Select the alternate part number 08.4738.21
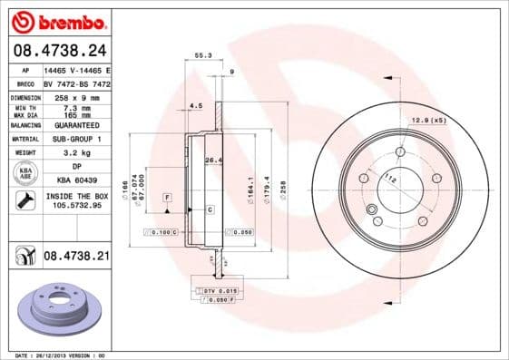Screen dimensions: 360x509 76,258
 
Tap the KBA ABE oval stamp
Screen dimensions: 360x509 26,173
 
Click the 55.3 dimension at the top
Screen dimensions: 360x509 203,57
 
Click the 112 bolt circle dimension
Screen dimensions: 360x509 389,179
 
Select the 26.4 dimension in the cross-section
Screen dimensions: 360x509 213,161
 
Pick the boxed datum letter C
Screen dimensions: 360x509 210,209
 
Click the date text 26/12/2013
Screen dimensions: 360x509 66,356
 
